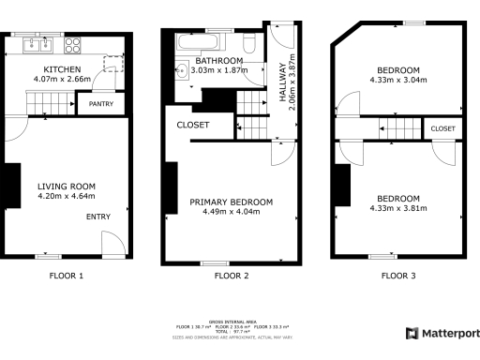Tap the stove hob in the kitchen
(72, 43)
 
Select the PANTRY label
(101, 104)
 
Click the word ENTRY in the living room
(97, 217)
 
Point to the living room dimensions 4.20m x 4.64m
(66, 197)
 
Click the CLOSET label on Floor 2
(193, 126)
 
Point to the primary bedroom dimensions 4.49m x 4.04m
(231, 212)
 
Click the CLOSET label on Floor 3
(442, 128)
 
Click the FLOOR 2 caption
(231, 276)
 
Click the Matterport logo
(442, 334)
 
